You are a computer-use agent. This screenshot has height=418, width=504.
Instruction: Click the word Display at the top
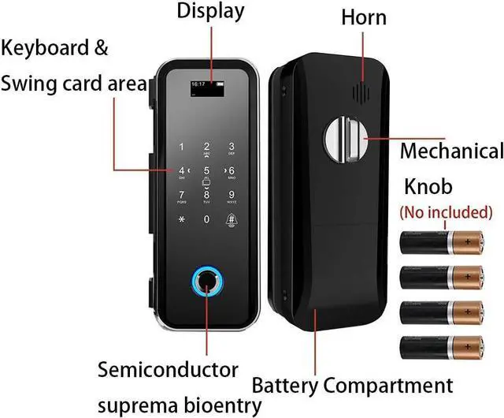point(210,11)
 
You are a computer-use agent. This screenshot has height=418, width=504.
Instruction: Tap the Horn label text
point(364,17)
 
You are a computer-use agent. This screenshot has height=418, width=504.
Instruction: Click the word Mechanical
point(451,151)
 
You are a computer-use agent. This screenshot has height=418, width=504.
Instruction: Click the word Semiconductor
point(168,369)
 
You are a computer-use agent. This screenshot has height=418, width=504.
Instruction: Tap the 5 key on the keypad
point(207,170)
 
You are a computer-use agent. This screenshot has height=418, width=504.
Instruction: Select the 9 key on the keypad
point(232,195)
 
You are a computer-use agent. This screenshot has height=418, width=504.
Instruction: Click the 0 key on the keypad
point(207,218)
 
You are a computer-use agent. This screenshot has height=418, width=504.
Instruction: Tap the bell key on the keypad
point(232,219)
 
